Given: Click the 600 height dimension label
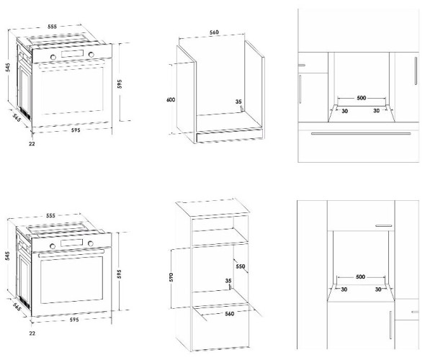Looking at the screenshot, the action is point(171,99).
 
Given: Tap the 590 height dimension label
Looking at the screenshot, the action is point(171,277).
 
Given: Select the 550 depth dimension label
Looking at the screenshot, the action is point(241,266).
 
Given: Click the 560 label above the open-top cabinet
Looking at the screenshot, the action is point(214,32).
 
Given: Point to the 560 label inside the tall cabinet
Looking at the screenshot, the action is point(229,313).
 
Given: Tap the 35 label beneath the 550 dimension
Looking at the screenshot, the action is point(228,281).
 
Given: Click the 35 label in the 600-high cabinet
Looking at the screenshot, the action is point(238,102).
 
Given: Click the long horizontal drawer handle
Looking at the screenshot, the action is point(361,133).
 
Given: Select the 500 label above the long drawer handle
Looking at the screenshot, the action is point(362,98).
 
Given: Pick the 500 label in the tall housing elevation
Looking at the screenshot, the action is point(360,276).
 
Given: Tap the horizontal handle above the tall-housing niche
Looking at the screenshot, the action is point(385,225).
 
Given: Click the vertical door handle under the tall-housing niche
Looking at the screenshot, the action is point(390,325).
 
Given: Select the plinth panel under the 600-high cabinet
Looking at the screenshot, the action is point(229,137).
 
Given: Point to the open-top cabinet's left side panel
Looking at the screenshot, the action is point(187,94).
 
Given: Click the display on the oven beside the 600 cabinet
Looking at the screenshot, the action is point(72,53).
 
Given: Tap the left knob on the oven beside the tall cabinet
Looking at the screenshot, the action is point(53,246).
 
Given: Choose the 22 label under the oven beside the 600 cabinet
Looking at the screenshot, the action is point(32,143).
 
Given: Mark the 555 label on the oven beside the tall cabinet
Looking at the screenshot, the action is point(50,215).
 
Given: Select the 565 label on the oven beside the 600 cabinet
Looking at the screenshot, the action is point(17,117).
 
